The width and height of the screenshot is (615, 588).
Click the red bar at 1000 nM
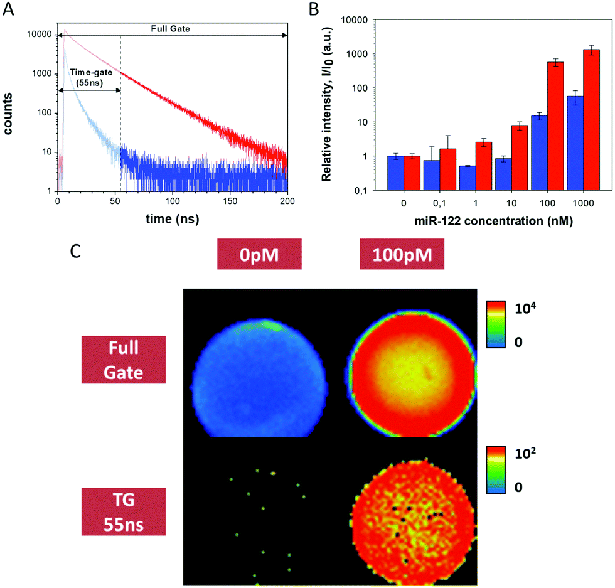tap(591, 120)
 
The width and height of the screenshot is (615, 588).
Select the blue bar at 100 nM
tap(539, 153)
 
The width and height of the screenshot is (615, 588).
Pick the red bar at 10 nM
tap(520, 158)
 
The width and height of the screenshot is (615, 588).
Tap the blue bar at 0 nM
tap(396, 173)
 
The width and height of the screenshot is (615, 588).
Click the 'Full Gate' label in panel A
tap(170, 29)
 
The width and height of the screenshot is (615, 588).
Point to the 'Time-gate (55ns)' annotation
tap(90, 77)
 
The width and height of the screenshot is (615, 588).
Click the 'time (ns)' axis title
tap(172, 219)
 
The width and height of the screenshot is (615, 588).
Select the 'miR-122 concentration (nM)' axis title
tap(493, 222)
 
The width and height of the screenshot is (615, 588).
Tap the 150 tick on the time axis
tap(230, 201)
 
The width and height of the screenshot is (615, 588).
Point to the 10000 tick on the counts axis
tap(39, 35)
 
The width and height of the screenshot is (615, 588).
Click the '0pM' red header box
tap(259, 254)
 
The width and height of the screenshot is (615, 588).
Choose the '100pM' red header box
tap(402, 254)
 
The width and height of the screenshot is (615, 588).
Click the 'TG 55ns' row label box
tap(124, 511)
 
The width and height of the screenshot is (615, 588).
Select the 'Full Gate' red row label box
tap(124, 360)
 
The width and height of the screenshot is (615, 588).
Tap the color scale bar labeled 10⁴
tap(496, 324)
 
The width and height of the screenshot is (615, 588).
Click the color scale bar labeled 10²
tap(496, 469)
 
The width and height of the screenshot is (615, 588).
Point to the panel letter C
tap(75, 251)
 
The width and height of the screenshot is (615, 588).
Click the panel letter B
tap(314, 9)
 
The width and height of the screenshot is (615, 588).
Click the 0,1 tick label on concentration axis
tap(439, 203)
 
